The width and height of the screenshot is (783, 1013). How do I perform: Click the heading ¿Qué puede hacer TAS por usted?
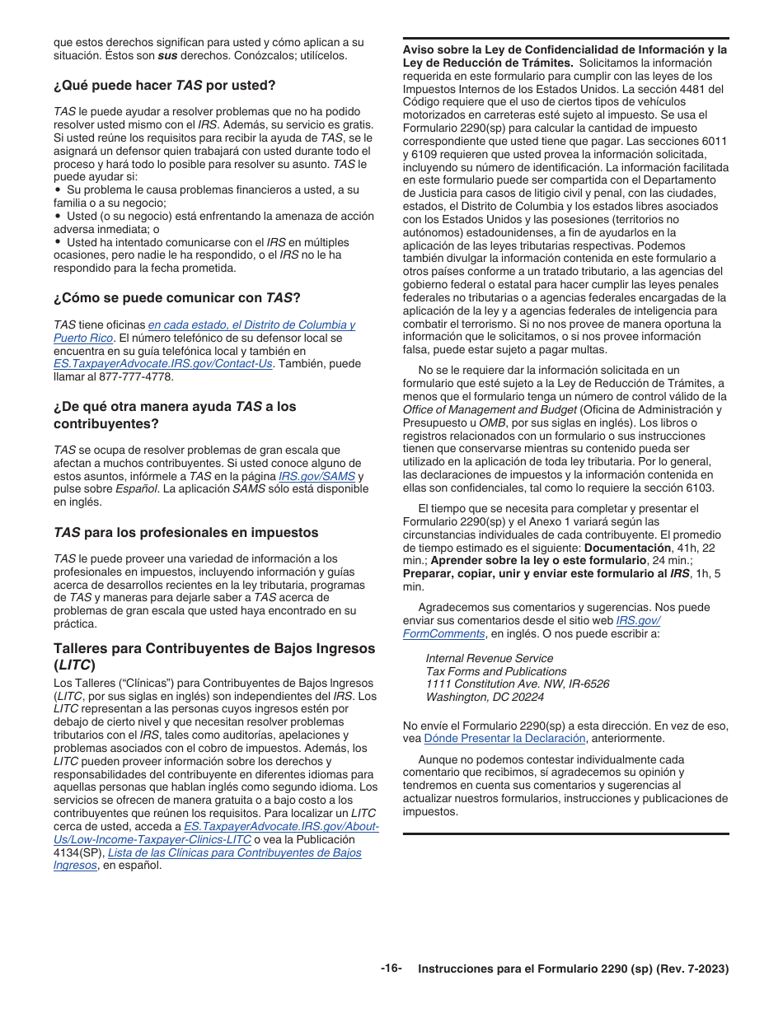tap(164, 85)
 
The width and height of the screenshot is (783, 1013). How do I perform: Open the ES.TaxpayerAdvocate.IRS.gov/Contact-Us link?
tap(162, 364)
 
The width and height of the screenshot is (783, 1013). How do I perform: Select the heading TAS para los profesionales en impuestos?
tap(185, 533)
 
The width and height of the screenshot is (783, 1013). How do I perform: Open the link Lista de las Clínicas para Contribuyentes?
tap(234, 852)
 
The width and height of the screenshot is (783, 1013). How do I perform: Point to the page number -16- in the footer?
tap(391, 969)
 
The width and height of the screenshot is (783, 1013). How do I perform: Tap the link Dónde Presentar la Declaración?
tap(504, 738)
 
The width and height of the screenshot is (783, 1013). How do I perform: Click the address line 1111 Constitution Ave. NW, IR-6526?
tap(518, 684)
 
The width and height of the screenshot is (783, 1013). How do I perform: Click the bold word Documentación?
tap(627, 548)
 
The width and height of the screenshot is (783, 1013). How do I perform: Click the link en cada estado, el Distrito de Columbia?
tap(251, 324)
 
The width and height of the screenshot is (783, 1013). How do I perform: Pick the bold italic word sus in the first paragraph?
tap(168, 55)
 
